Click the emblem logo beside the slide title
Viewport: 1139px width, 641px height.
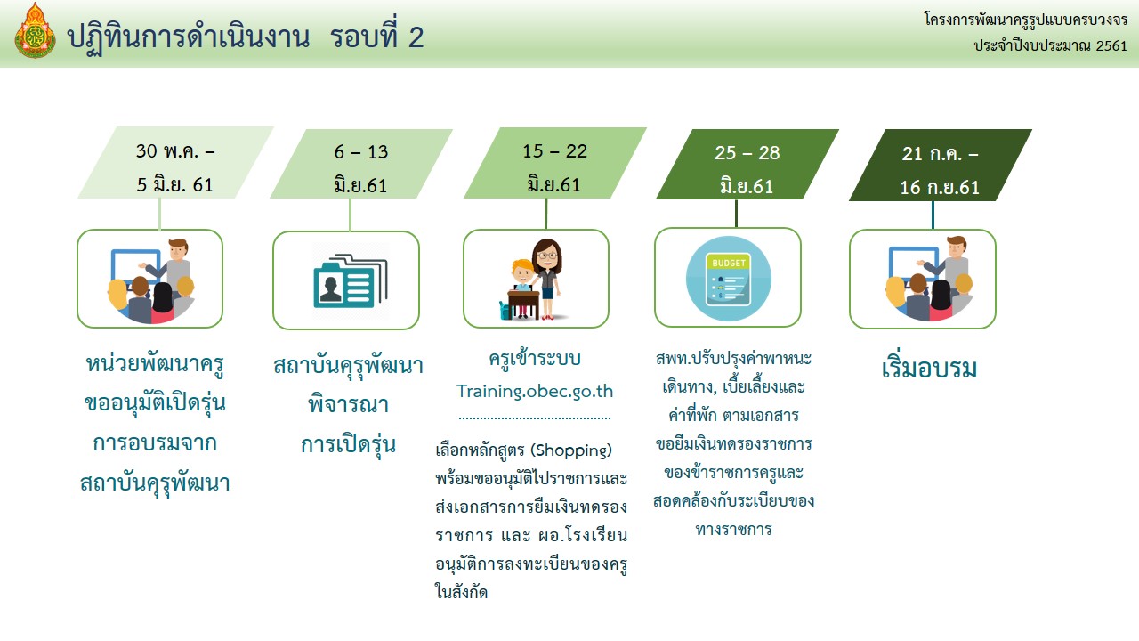35,30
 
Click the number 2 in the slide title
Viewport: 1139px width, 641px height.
416,37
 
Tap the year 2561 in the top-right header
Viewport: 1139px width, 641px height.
1111,45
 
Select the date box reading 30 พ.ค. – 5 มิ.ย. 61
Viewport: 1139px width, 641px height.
175,162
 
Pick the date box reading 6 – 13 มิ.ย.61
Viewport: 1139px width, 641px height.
361,163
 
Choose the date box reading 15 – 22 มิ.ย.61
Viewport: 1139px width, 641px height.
554,163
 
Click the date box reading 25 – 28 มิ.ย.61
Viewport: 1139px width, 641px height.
747,164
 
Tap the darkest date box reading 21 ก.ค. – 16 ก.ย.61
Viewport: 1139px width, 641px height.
941,165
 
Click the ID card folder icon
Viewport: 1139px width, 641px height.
351,281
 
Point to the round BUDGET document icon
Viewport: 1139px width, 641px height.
728,279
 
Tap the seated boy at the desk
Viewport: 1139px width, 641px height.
521,288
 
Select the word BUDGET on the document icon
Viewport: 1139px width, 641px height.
729,263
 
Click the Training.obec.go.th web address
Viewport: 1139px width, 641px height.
535,391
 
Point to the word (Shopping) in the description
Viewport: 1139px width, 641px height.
571,450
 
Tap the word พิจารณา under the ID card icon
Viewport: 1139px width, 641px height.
348,404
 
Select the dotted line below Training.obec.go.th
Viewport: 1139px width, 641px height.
535,418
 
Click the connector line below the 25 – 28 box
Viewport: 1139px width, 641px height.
736,214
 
